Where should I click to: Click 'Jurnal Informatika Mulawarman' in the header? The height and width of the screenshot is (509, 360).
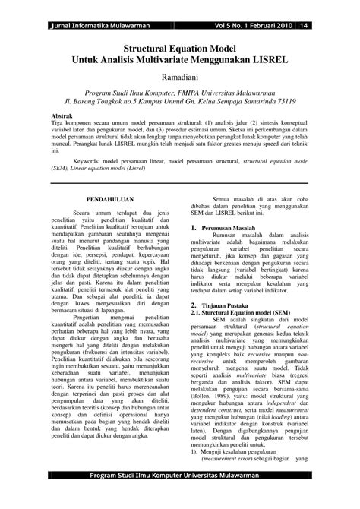pyautogui.click(x=96, y=6)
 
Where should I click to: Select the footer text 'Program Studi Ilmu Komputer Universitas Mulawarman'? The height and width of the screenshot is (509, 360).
pyautogui.click(x=180, y=499)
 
